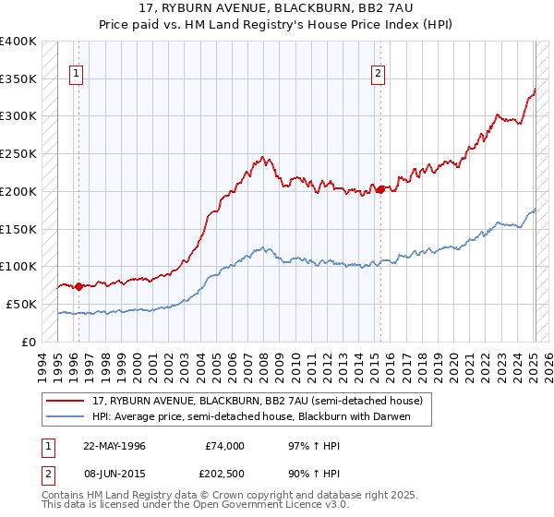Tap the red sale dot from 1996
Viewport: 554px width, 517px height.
pos(78,286)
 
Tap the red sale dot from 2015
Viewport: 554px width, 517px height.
pos(380,189)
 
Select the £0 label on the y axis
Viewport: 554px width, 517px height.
pos(30,342)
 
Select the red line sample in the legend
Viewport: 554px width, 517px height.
pos(66,401)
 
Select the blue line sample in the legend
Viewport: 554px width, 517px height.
pos(66,417)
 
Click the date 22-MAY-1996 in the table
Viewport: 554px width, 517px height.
pos(114,446)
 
